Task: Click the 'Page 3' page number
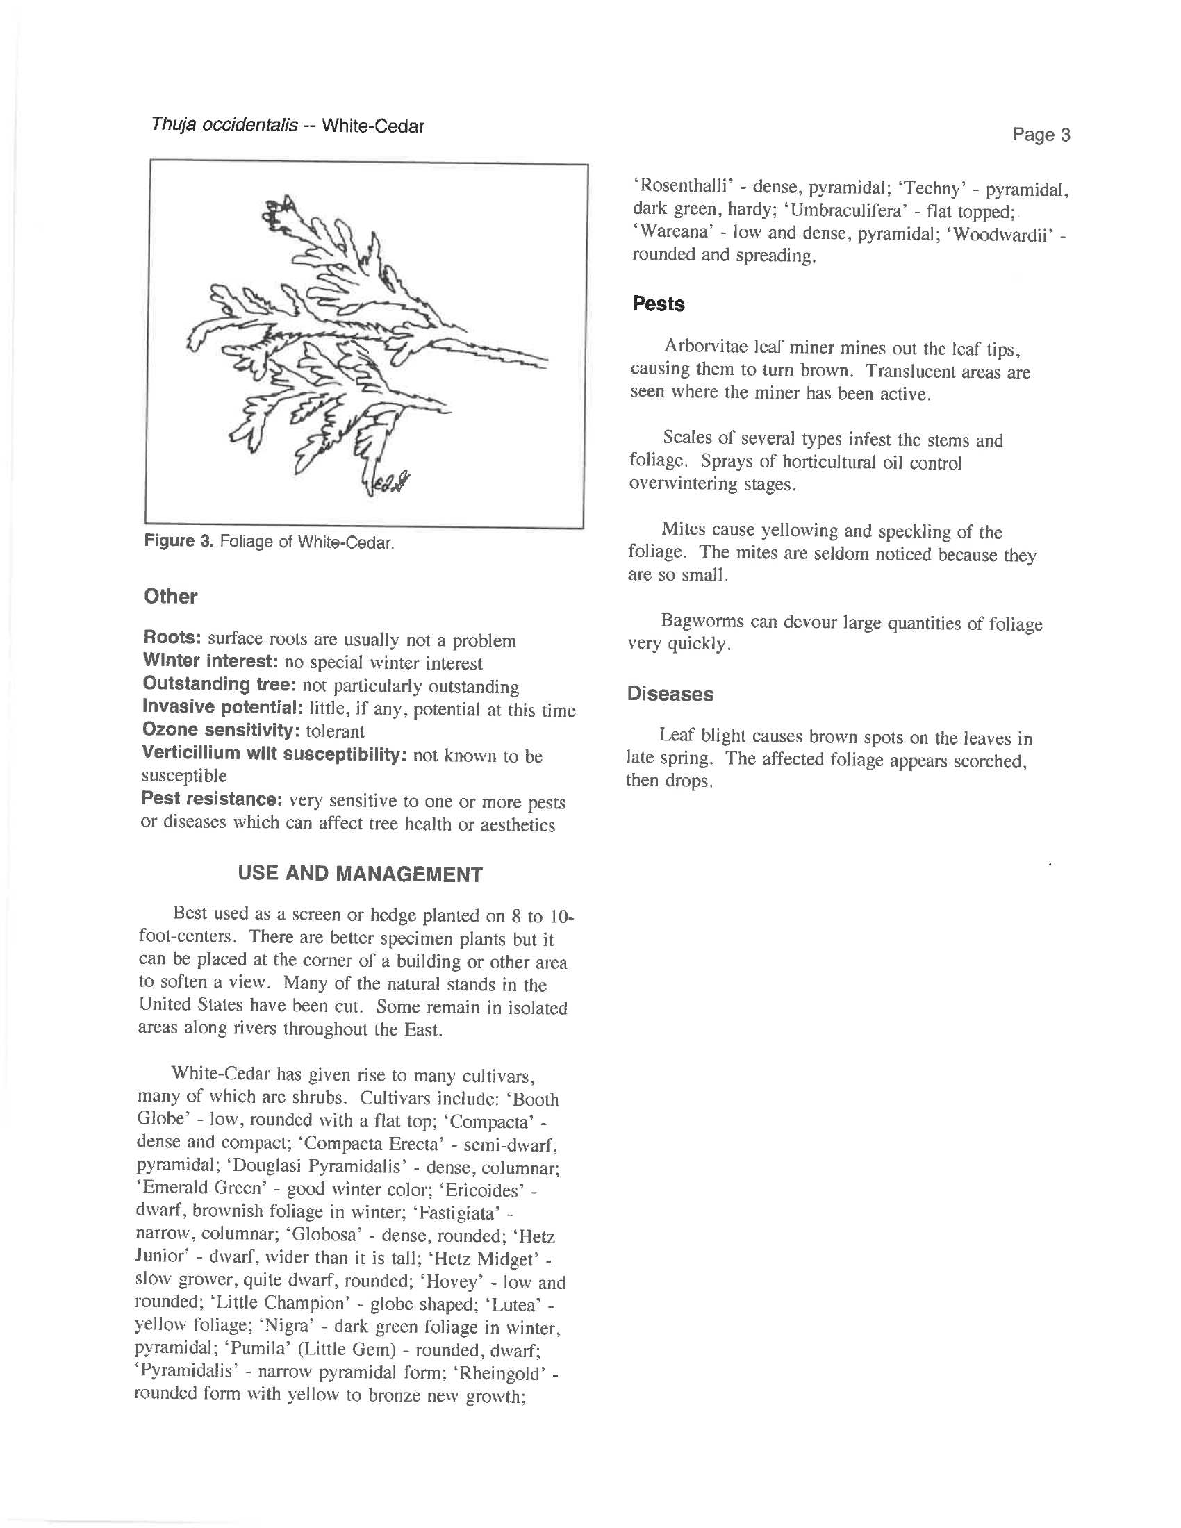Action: (1041, 135)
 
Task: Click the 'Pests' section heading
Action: (658, 304)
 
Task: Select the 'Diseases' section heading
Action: (670, 694)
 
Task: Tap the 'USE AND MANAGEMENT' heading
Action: (360, 874)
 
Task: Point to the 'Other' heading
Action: (170, 597)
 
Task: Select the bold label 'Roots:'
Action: (172, 638)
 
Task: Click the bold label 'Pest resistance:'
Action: (210, 799)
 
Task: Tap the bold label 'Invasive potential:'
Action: (222, 707)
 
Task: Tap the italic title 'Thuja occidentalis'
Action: (224, 126)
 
